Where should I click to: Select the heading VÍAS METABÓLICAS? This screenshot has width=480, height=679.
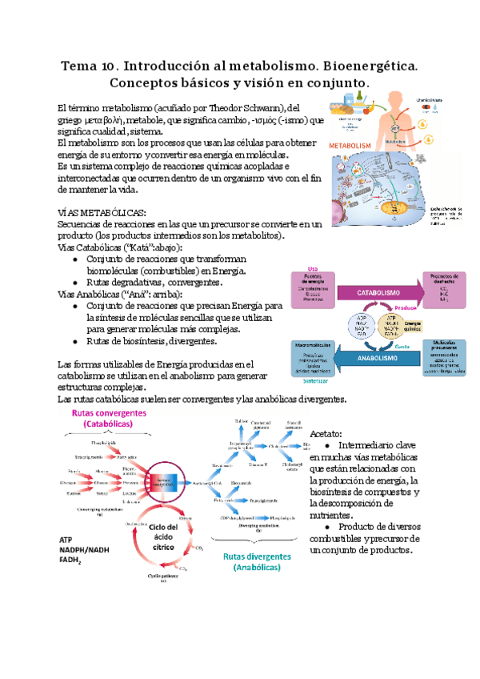[102, 211]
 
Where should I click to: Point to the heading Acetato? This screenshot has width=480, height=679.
[325, 432]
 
